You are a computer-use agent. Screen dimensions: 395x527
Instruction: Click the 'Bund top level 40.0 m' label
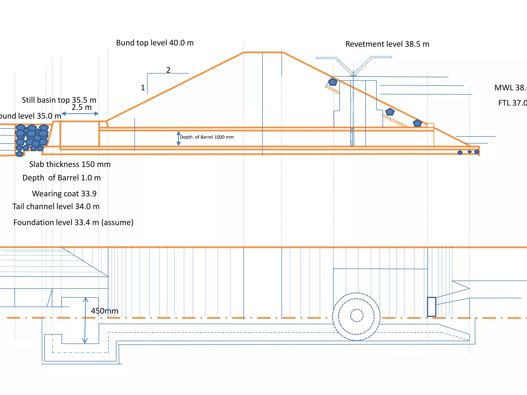(155, 43)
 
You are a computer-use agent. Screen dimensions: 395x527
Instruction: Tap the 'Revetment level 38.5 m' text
(387, 44)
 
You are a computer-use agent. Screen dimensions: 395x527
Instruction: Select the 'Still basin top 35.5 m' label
(59, 100)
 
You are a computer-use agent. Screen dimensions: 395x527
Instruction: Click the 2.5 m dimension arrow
(80, 113)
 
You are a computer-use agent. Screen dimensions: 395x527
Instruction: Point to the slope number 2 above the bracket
(168, 70)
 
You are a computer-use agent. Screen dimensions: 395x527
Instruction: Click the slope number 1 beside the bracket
(143, 88)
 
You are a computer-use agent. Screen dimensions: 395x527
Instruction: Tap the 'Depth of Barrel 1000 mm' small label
(207, 137)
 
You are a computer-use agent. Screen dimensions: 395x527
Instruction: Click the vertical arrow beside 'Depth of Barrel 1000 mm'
(178, 138)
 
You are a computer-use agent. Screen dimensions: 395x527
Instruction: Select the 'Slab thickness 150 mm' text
(70, 164)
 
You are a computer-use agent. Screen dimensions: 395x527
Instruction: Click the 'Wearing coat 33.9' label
(64, 193)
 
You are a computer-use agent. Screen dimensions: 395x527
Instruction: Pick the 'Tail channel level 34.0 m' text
(56, 206)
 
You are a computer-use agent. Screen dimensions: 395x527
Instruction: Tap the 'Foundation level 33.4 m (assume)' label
(73, 222)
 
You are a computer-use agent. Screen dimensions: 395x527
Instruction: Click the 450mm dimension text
(104, 311)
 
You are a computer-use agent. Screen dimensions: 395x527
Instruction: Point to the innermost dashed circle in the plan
(357, 315)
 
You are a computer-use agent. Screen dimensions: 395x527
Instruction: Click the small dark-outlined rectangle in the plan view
(432, 307)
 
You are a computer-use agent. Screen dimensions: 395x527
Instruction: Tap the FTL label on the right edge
(512, 103)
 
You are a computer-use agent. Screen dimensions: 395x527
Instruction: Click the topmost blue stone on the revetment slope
(333, 82)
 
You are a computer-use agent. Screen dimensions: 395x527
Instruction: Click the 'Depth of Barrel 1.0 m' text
(62, 178)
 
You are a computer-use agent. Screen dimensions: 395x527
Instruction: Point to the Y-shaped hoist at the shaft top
(354, 66)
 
